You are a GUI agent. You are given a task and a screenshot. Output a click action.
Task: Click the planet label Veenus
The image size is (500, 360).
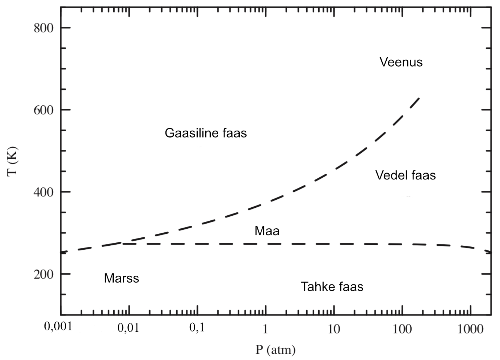pyautogui.click(x=401, y=62)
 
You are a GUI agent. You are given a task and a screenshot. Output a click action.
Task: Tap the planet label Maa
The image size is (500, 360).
pyautogui.click(x=267, y=231)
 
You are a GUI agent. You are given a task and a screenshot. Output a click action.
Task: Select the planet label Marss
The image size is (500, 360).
pyautogui.click(x=121, y=278)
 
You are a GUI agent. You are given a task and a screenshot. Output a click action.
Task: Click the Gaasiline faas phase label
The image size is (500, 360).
pyautogui.click(x=206, y=133)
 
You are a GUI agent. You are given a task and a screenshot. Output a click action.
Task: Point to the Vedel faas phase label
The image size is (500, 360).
pyautogui.click(x=405, y=175)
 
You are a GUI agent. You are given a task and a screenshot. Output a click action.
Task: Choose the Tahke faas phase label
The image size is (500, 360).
pyautogui.click(x=332, y=287)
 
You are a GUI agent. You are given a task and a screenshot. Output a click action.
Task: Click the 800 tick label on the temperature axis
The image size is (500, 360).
pyautogui.click(x=43, y=28)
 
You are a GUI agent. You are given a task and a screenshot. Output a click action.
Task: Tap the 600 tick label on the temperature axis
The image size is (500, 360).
pyautogui.click(x=43, y=110)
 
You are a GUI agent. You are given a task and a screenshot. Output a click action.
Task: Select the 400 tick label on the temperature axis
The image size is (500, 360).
pyautogui.click(x=43, y=192)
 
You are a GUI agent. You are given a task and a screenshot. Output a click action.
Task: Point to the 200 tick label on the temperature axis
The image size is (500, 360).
pyautogui.click(x=43, y=274)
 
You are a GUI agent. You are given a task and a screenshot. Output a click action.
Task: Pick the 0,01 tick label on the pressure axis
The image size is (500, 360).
pyautogui.click(x=128, y=329)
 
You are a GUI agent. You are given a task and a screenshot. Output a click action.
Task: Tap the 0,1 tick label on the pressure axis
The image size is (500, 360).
pyautogui.click(x=197, y=328)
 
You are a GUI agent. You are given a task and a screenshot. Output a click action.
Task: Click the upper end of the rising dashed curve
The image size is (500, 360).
pyautogui.click(x=419, y=98)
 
